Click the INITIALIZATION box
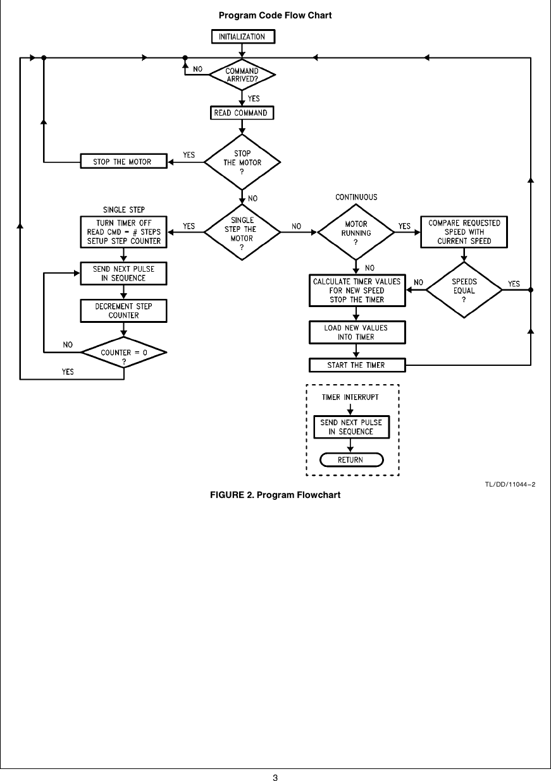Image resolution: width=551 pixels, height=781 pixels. coord(242,37)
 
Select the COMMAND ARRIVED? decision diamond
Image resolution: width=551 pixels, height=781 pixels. coord(242,75)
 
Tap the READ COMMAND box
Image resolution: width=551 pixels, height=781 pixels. coord(242,113)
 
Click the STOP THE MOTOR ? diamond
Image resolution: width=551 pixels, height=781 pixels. coord(242,162)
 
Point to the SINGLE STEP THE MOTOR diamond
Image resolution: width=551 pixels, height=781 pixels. coord(242,233)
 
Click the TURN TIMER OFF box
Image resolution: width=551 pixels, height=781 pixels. coord(124,232)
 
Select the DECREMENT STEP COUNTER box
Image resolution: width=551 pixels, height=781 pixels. coord(124,310)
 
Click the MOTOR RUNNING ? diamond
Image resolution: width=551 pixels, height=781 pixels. coord(356,233)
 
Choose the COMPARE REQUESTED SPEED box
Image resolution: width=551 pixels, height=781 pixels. coord(464,232)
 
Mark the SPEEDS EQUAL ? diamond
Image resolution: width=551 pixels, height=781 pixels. coord(464,291)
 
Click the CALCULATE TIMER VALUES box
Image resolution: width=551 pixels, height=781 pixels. coord(357,290)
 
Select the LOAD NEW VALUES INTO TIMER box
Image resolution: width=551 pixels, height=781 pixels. coord(356,332)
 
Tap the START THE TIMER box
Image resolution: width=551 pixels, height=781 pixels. coord(356,365)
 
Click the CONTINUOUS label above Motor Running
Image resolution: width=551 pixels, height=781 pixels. coord(356,197)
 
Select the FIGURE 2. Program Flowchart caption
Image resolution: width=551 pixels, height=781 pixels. coord(275,494)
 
